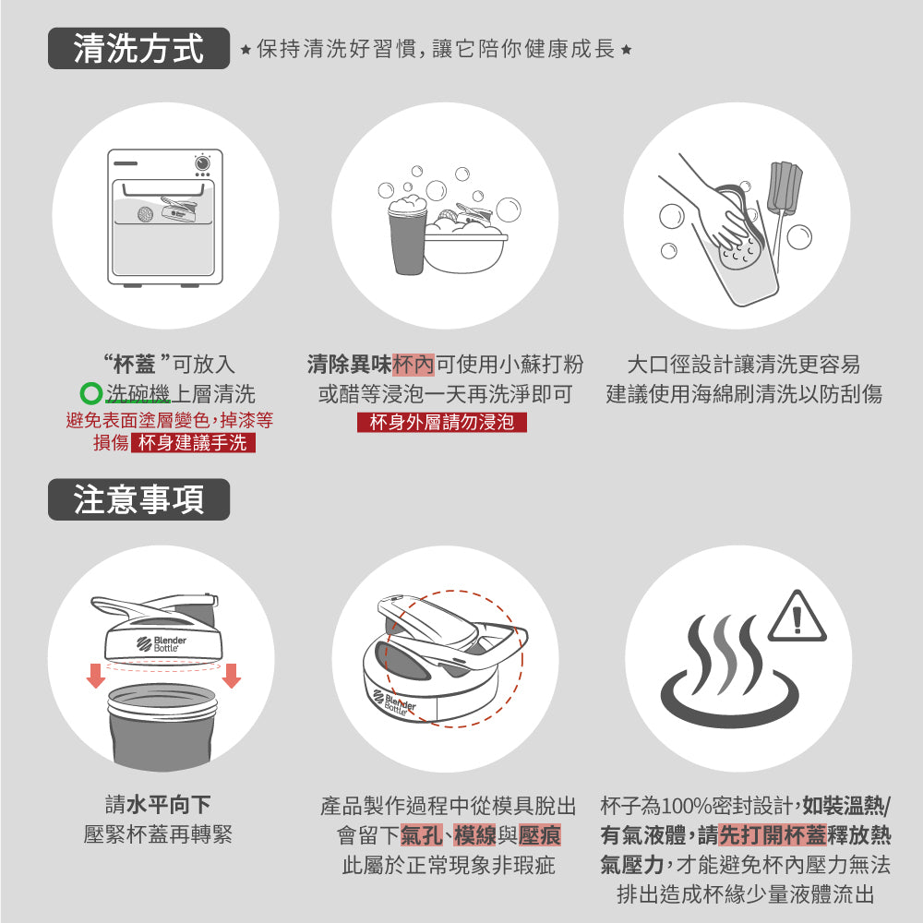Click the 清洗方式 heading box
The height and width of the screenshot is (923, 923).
click(138, 49)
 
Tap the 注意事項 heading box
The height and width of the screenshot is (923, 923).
click(138, 499)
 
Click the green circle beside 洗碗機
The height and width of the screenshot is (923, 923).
click(90, 395)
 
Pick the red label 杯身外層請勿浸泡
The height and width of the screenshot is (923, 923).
click(441, 423)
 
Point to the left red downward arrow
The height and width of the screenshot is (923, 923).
click(95, 676)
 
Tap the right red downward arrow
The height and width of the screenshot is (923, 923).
click(232, 676)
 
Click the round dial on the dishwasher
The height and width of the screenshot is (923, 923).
click(202, 162)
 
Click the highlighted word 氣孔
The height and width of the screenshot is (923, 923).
click(421, 836)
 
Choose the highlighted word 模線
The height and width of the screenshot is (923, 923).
click(475, 836)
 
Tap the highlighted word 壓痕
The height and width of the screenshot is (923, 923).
click(540, 836)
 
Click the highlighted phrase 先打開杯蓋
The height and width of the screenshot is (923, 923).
click(772, 836)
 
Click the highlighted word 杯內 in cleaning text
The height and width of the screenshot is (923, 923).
click(414, 365)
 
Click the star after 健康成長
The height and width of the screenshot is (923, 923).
click(627, 49)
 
